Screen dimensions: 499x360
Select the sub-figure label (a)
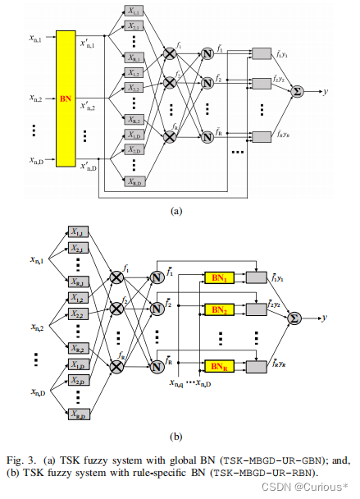[x=175, y=211]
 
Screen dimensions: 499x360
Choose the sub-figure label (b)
[x=175, y=437]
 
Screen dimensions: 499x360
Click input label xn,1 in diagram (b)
[x=37, y=260]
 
